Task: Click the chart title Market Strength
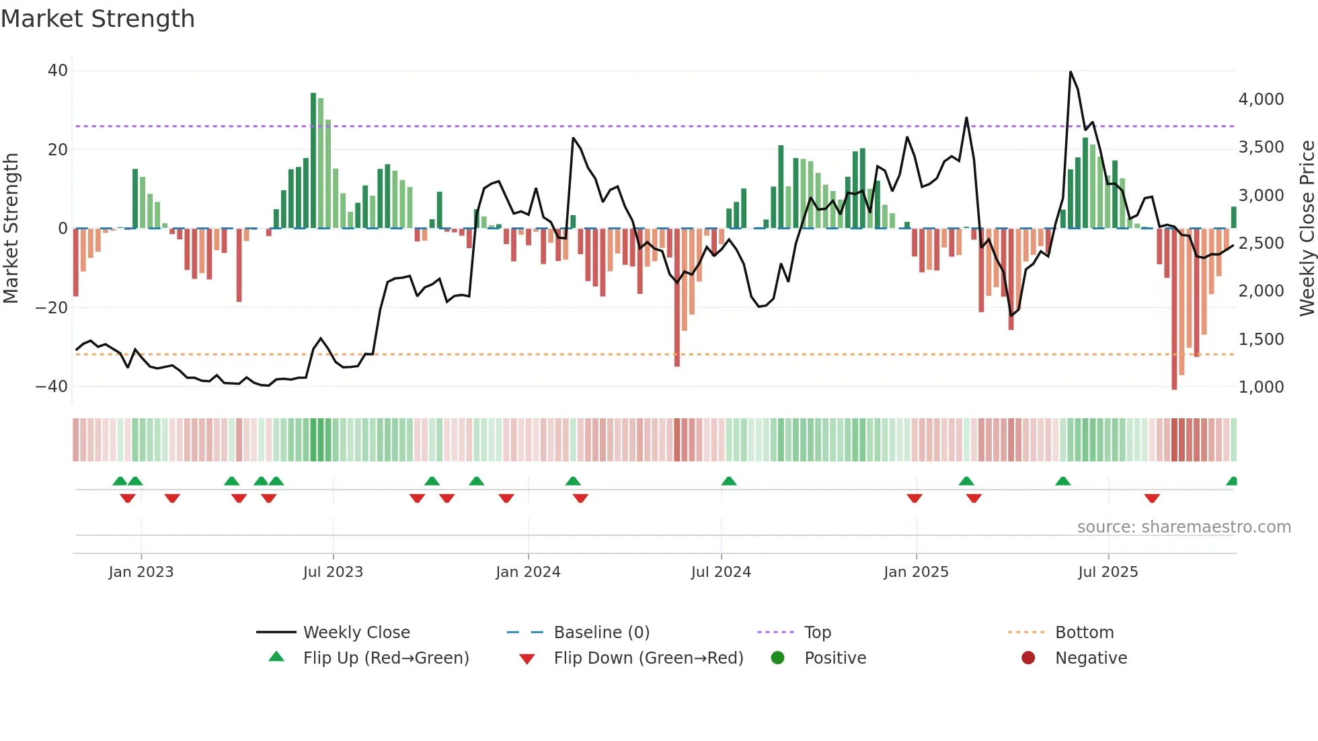(98, 19)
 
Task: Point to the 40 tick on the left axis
(58, 71)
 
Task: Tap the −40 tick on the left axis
(52, 387)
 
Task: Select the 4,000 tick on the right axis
(1261, 100)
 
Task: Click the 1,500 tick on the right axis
(1261, 340)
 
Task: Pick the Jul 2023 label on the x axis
(333, 572)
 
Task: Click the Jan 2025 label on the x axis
(916, 572)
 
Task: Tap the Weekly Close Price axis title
(1307, 229)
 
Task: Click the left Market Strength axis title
(11, 229)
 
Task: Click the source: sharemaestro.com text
(1184, 527)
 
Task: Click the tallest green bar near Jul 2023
(313, 161)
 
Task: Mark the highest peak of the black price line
(1071, 72)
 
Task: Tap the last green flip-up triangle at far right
(1232, 481)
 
